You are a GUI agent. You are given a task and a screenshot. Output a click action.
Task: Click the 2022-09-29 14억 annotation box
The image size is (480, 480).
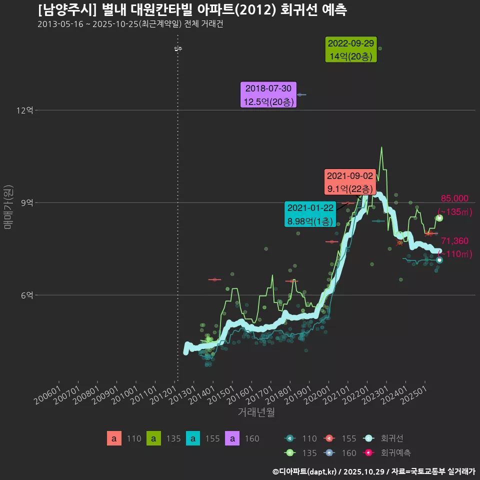(351, 50)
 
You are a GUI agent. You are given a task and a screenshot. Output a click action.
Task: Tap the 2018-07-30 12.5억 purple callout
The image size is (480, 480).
(269, 95)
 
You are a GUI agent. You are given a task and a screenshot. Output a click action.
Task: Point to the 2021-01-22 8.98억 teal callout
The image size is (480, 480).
(310, 214)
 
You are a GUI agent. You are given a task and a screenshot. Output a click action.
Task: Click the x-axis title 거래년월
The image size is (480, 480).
(256, 412)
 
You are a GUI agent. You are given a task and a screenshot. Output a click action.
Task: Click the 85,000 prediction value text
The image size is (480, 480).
(454, 198)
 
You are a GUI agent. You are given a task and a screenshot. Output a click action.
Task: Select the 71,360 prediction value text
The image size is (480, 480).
(454, 241)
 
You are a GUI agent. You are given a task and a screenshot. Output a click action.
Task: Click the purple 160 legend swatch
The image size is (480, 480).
(232, 438)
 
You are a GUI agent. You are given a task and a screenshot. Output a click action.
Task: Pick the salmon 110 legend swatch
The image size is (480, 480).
(114, 438)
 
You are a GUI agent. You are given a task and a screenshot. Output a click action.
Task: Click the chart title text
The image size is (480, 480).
(192, 9)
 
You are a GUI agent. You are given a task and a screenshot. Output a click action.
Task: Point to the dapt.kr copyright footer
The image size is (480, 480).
(373, 471)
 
